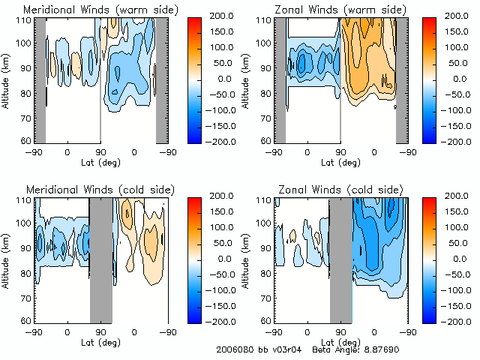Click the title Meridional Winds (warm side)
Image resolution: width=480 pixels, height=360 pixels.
100,9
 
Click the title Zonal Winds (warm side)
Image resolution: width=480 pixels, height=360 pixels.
340,9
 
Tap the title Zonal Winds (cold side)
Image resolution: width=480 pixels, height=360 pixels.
340,189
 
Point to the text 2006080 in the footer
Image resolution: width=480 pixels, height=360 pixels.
232,350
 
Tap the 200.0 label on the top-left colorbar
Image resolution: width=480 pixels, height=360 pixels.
223,15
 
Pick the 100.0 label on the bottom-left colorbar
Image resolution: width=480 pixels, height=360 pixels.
223,226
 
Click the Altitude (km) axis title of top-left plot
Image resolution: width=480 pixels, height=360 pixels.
7,80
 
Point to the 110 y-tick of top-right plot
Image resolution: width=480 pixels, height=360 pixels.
264,20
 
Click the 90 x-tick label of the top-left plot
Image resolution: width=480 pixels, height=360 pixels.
100,151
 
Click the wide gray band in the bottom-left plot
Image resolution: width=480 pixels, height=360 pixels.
100,259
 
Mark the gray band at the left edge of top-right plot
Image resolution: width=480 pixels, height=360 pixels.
280,80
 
